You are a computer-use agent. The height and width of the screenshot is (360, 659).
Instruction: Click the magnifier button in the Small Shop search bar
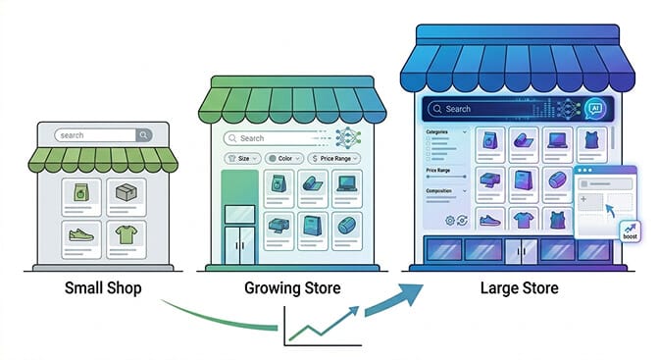(x=144, y=135)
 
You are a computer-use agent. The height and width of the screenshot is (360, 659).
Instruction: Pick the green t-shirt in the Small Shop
(x=126, y=236)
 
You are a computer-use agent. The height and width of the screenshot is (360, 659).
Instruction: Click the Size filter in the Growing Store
(x=241, y=158)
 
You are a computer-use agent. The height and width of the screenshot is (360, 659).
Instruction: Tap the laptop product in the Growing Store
(x=345, y=183)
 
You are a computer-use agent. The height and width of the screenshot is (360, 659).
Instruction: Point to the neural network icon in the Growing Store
(x=348, y=138)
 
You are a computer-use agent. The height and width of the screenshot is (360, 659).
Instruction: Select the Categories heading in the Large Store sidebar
(x=437, y=131)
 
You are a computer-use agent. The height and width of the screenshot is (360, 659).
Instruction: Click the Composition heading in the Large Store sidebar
(x=440, y=191)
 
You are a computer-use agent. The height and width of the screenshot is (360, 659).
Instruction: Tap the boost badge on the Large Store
(x=631, y=231)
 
